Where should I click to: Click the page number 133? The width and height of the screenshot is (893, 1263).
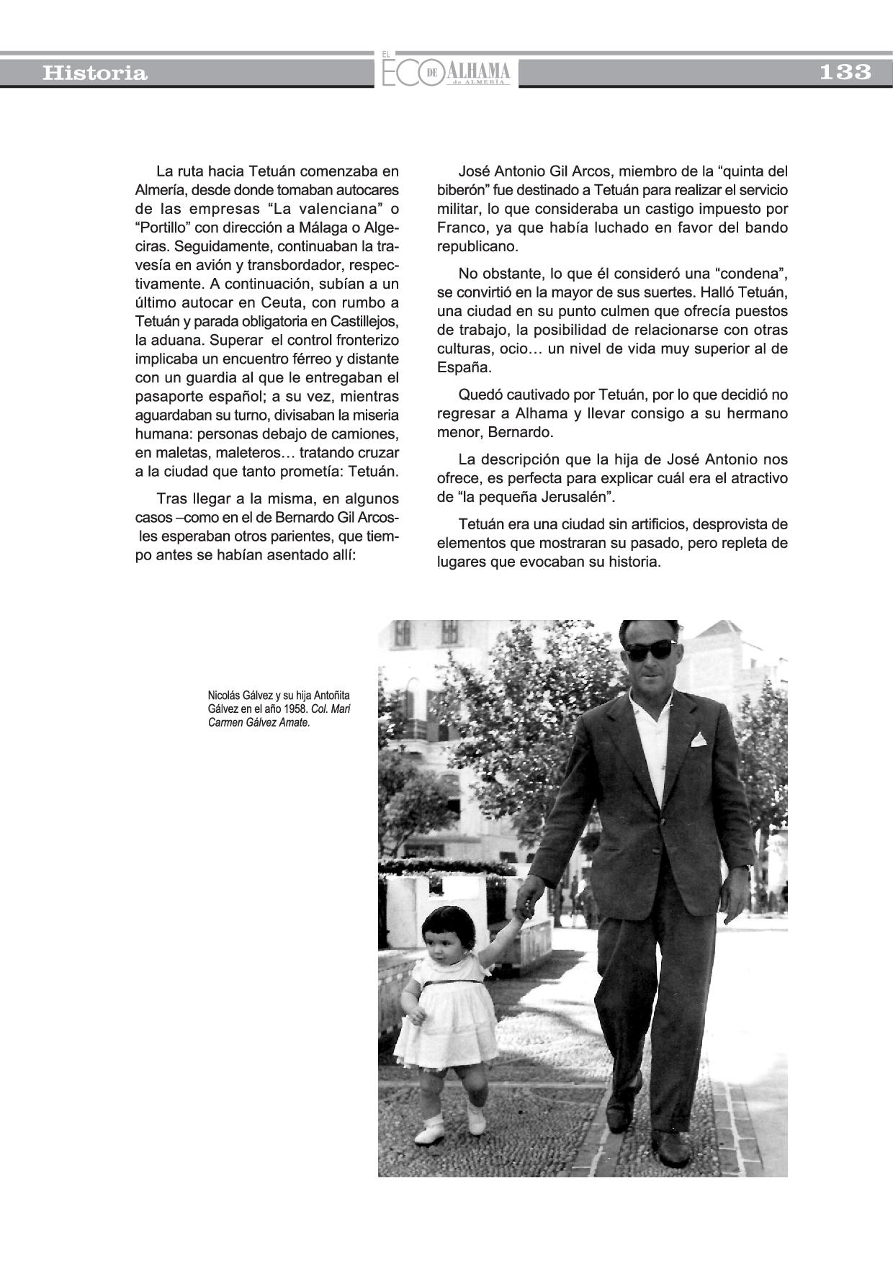(x=845, y=72)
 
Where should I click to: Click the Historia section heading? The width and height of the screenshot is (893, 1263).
(x=94, y=73)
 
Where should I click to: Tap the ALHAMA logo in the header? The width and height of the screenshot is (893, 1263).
(x=478, y=72)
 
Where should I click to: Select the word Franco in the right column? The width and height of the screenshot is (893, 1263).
(x=459, y=228)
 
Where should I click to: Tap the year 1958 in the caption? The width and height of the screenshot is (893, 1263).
(x=296, y=709)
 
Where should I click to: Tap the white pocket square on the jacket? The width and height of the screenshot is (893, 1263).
(x=698, y=740)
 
